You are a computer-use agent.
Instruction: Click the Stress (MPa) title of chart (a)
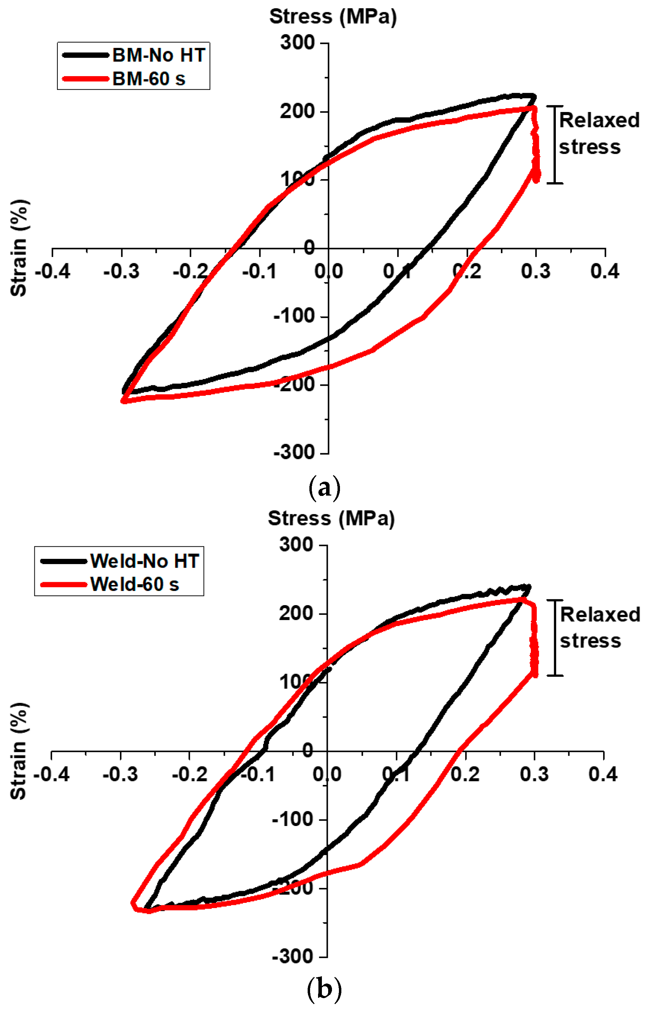333,17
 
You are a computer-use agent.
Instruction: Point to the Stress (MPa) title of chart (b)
331,518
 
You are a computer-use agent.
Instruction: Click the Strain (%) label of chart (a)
19,248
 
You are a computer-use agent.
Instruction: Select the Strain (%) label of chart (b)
19,751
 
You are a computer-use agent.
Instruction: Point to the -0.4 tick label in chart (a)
53,271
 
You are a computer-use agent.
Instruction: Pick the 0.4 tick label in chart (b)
603,774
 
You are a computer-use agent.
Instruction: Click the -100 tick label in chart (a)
294,316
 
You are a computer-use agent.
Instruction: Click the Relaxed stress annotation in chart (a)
599,134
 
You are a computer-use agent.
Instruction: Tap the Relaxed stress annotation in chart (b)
599,628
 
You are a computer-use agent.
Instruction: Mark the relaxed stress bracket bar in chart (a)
555,145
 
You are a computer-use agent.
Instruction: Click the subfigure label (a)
324,488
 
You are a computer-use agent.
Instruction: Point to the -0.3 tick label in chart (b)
121,774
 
